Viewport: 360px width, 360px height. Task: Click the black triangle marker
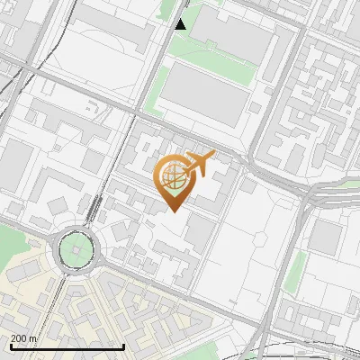coord(181,24)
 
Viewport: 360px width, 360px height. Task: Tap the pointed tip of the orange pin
coord(173,211)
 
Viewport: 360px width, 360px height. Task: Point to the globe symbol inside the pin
coord(173,177)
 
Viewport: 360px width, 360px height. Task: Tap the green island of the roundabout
coord(76,247)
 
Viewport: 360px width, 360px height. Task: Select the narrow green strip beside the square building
coord(295,270)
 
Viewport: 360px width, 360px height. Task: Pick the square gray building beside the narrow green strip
coord(325,236)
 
